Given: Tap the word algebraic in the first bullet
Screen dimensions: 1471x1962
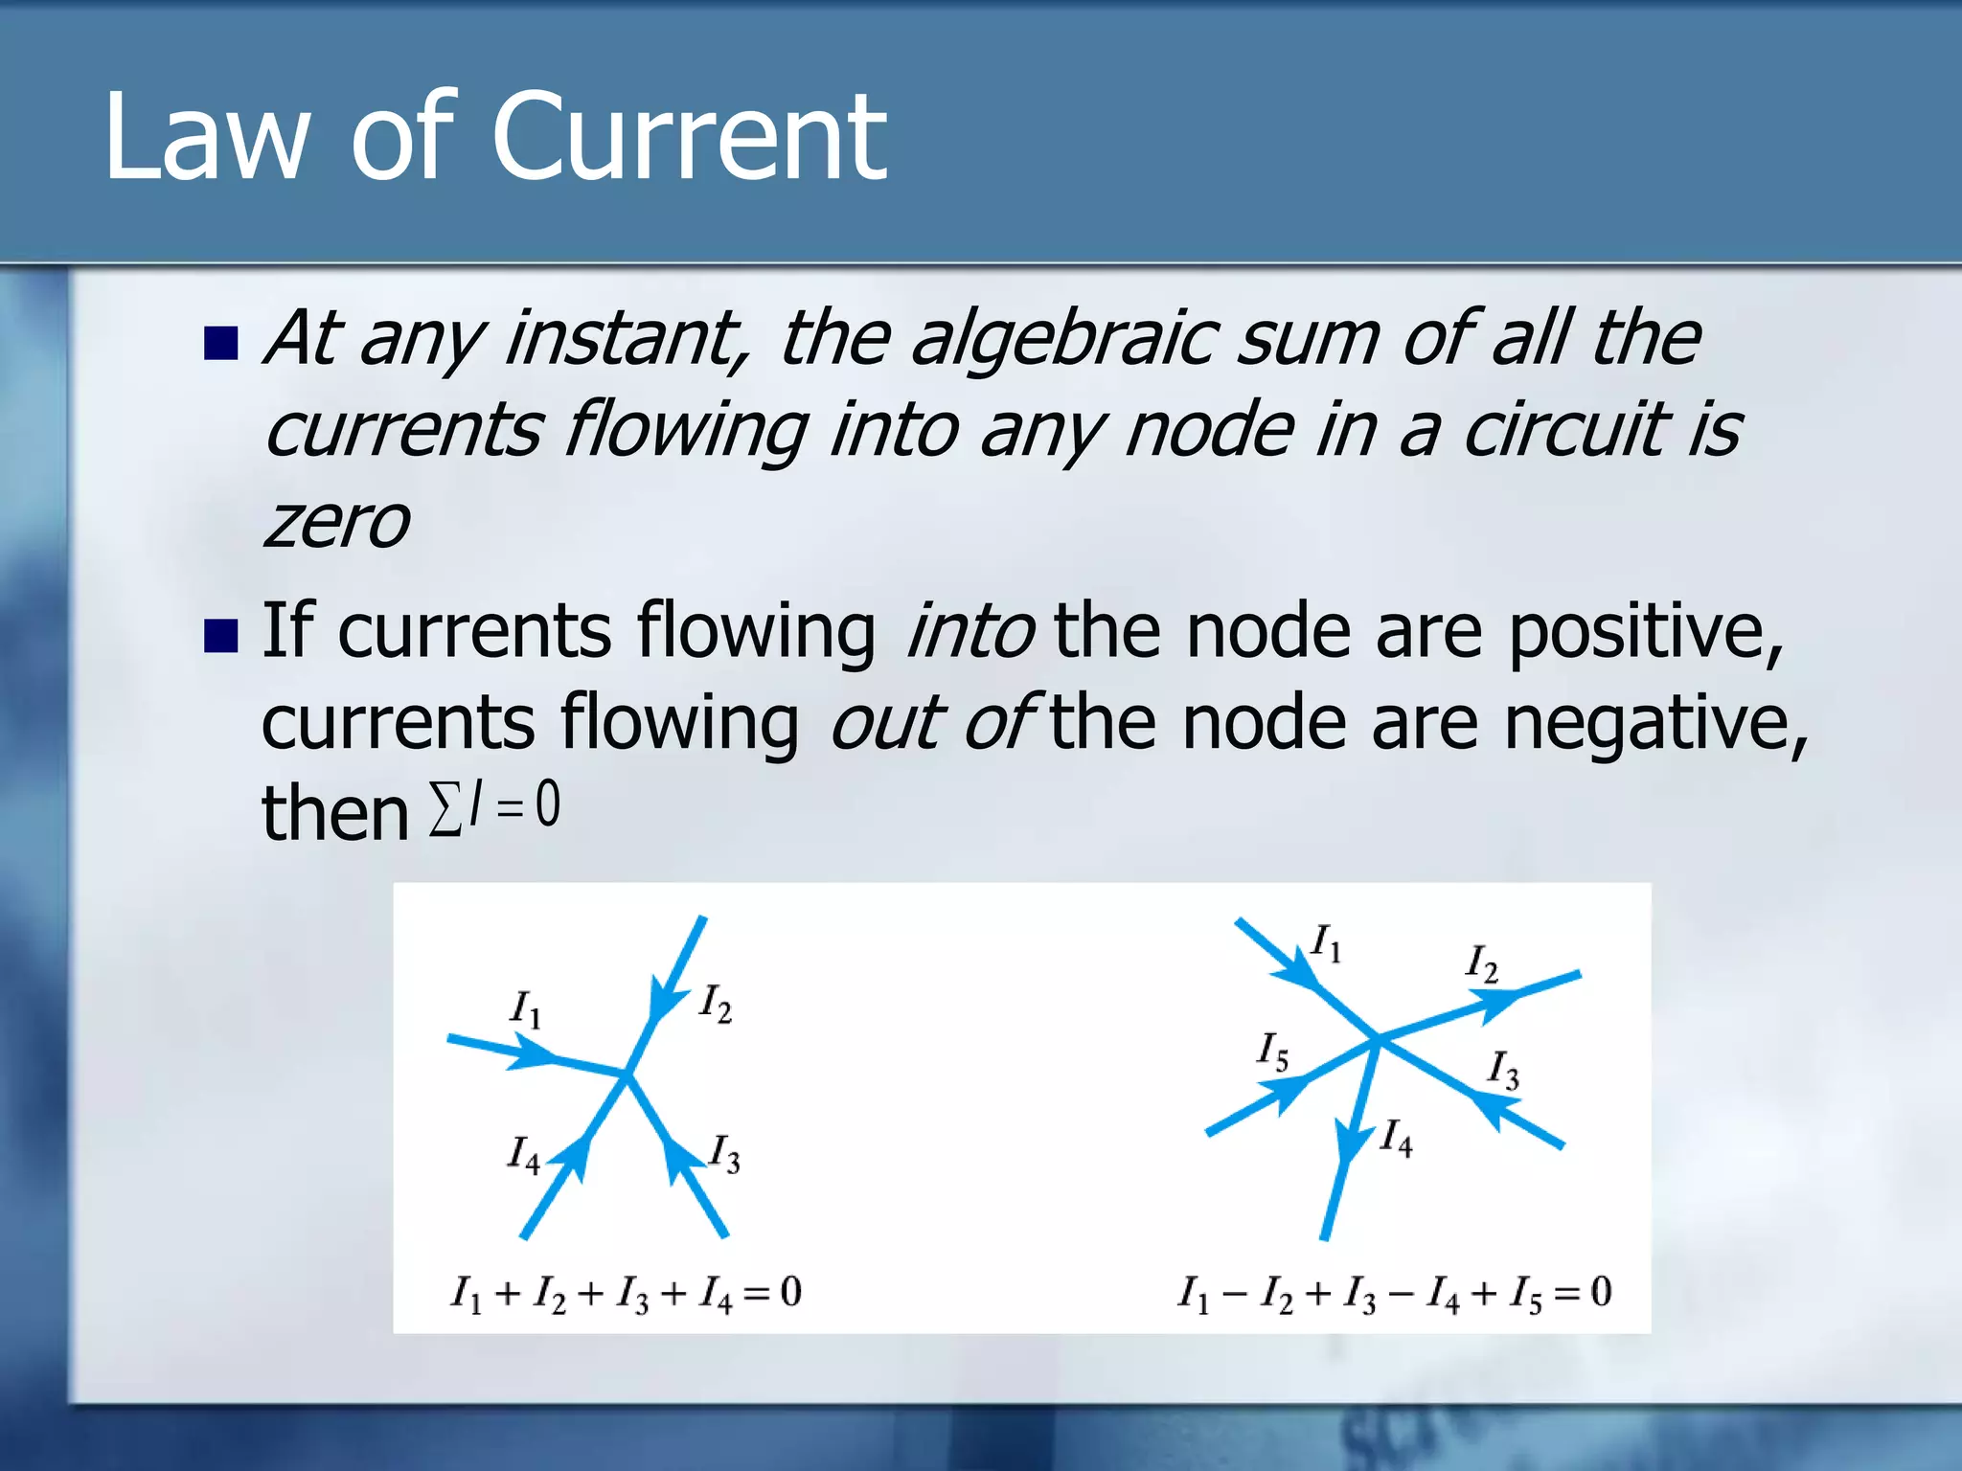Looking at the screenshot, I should pos(1063,339).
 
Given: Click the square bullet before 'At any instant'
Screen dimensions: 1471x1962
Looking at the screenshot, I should pos(221,343).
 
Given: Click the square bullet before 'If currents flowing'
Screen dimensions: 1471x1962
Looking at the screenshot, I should pos(221,635).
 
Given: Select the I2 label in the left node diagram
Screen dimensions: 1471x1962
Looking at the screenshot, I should pos(715,1004).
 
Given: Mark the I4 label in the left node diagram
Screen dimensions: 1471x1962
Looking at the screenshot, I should pos(523,1154).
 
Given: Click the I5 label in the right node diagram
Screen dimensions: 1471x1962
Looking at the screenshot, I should pos(1273,1051).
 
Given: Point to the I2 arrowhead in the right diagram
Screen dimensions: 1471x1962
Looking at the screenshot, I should pos(1494,1002).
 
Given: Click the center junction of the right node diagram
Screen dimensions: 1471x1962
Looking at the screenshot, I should pos(1378,1038).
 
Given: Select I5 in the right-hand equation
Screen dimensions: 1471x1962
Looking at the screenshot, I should pos(1526,1294).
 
